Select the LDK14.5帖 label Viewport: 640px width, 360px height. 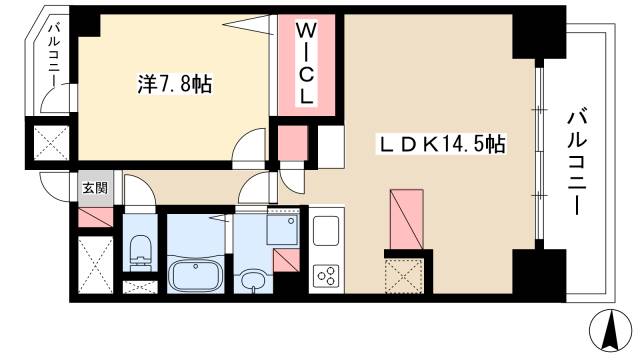pos(439,144)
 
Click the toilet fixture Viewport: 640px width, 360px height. pos(138,250)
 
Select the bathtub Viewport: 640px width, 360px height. pos(196,273)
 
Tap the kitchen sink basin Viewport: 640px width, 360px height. pos(326,231)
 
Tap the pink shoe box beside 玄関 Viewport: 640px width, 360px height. pos(93,216)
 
